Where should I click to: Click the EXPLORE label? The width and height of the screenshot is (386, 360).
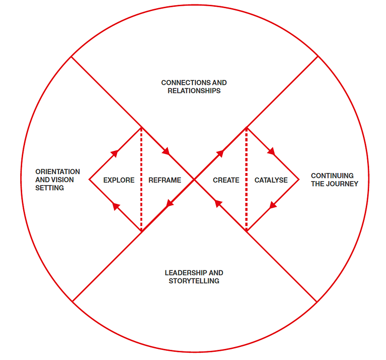(119, 180)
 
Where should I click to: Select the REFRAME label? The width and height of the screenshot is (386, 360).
(165, 180)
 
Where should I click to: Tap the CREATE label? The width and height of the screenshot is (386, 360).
(226, 180)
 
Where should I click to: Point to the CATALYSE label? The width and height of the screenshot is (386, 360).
(271, 180)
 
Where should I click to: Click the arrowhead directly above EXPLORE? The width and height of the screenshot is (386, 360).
(115, 153)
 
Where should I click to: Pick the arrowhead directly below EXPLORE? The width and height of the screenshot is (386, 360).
(115, 206)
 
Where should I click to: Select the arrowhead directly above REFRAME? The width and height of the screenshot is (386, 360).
(166, 152)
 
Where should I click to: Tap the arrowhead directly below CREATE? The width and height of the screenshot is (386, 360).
(218, 204)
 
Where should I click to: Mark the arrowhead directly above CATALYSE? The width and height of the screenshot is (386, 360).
(271, 152)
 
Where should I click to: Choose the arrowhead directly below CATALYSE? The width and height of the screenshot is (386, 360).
(273, 205)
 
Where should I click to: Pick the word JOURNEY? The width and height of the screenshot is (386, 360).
(342, 184)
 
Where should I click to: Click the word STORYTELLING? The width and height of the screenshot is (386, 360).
(194, 280)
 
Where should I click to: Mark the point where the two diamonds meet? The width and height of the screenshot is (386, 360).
(194, 180)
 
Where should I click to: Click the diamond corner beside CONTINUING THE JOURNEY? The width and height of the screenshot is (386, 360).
(299, 180)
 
